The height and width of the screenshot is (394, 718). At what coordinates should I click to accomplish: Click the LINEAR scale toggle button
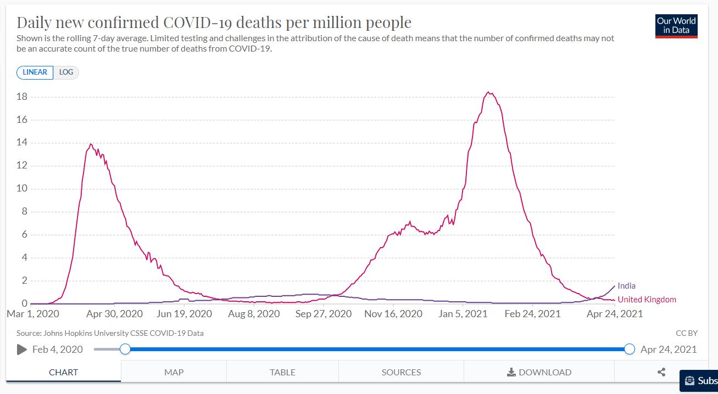click(x=35, y=72)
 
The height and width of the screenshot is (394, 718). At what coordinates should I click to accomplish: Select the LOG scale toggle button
click(x=66, y=72)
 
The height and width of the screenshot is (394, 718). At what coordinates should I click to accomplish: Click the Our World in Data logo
click(x=676, y=26)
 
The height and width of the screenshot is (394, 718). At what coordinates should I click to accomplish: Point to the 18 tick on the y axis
click(x=22, y=97)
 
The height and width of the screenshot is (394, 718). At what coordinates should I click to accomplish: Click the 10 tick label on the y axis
click(x=22, y=189)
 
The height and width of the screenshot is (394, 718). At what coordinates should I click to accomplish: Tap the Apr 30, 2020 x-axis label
click(x=114, y=314)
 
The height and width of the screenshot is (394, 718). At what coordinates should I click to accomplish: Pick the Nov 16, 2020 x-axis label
click(x=393, y=314)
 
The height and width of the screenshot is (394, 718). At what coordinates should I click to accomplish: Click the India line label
click(x=626, y=286)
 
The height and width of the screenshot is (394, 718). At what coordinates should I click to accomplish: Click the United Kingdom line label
click(x=647, y=300)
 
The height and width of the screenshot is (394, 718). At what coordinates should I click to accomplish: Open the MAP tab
click(x=174, y=372)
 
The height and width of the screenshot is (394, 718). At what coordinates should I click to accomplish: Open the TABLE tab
click(x=282, y=372)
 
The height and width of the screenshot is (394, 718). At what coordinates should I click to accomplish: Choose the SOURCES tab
click(x=401, y=372)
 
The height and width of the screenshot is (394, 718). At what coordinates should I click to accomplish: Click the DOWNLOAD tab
click(x=539, y=372)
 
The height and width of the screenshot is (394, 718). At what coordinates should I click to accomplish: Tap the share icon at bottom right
click(x=661, y=372)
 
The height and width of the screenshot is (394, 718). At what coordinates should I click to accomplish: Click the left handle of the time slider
click(x=125, y=349)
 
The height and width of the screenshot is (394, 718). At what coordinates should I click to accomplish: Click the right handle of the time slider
click(x=630, y=349)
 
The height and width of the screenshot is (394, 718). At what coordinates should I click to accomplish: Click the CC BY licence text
click(x=687, y=333)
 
